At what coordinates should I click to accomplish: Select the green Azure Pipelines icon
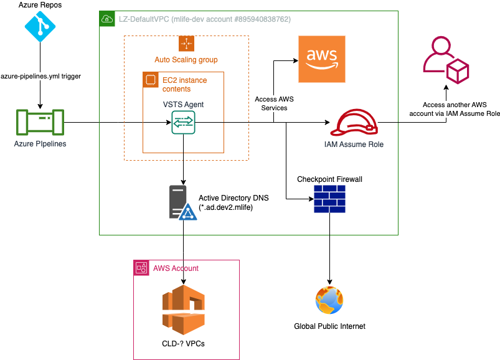tap(40, 122)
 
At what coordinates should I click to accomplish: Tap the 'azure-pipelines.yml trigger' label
tap(40, 76)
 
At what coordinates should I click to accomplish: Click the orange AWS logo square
tap(321, 59)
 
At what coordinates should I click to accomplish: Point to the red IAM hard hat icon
tap(354, 123)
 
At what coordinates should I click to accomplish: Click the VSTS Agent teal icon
tap(184, 122)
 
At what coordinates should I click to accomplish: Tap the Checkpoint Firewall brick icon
tap(330, 199)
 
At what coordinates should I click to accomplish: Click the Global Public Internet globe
tap(329, 300)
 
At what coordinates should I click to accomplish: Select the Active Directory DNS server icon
tap(182, 202)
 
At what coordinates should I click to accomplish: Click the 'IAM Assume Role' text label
tap(354, 144)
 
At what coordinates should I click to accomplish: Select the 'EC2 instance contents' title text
tap(184, 85)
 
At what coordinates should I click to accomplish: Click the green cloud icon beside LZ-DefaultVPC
tap(107, 19)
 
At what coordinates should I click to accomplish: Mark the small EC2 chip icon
tap(150, 80)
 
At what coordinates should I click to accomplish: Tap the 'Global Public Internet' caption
tap(329, 326)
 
